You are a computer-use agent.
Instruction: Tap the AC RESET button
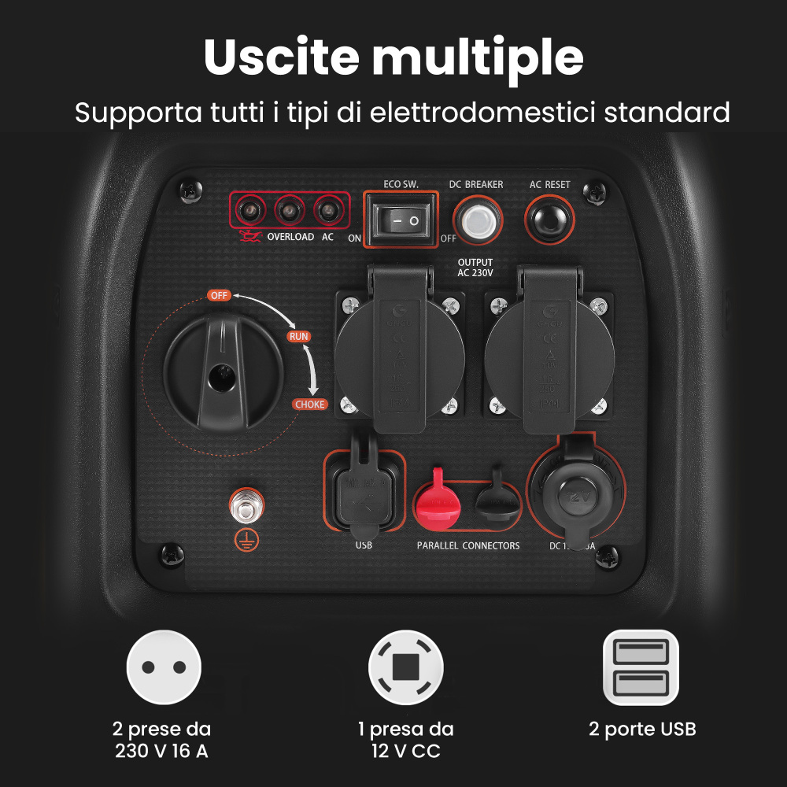click(x=549, y=219)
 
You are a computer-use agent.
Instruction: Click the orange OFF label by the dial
click(x=219, y=295)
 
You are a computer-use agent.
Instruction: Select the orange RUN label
click(x=298, y=337)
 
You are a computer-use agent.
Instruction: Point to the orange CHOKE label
click(x=309, y=405)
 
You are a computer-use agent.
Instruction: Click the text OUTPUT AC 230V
click(x=475, y=268)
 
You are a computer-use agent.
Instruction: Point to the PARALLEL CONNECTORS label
click(x=467, y=545)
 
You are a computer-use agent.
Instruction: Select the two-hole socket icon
click(x=164, y=667)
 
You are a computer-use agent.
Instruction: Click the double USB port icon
click(x=641, y=667)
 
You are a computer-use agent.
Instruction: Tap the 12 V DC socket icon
click(x=405, y=667)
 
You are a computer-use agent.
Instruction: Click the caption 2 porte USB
click(x=642, y=730)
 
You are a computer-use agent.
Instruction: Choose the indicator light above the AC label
click(x=327, y=211)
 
